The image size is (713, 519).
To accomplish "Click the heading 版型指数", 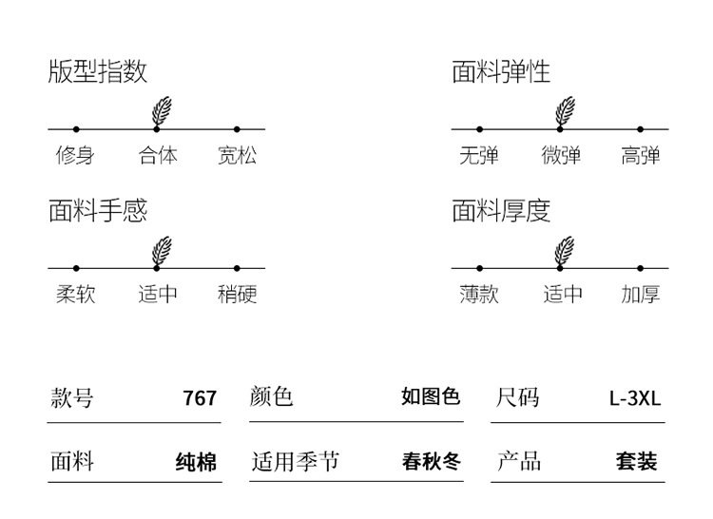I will tap(98, 71).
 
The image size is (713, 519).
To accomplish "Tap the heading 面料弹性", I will tap(501, 71).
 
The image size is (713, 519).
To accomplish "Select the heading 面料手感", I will tap(98, 210).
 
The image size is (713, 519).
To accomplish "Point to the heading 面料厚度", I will tap(501, 210).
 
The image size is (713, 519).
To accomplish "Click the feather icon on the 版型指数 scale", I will tap(162, 110).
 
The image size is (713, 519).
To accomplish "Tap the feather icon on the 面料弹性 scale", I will tap(565, 110).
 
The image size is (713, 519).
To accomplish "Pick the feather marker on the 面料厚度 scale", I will tap(565, 250).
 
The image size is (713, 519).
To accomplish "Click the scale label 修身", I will tap(75, 155).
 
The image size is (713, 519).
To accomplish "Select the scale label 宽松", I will tap(237, 155).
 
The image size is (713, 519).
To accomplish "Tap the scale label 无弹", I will tap(478, 155).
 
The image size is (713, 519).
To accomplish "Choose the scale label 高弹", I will tap(641, 155).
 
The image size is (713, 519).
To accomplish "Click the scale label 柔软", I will tap(75, 295).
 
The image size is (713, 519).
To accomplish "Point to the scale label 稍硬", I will tap(237, 295).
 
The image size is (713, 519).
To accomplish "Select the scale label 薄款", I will tap(478, 295).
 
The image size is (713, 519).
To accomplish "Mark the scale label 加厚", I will tap(641, 295).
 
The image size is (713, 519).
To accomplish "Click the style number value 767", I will tap(200, 398).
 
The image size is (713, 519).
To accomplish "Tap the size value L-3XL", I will tap(635, 398).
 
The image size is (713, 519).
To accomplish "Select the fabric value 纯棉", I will tap(197, 463).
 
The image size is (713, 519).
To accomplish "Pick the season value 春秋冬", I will tap(432, 463).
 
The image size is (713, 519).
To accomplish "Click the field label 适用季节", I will tap(295, 463).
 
